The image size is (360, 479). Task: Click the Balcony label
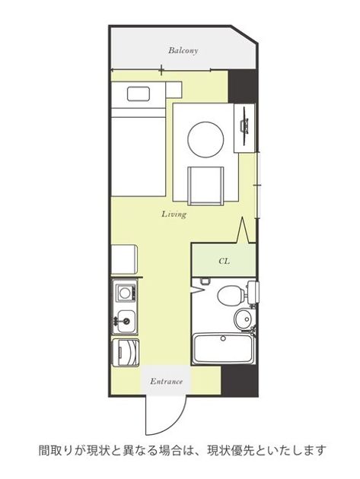point(183,50)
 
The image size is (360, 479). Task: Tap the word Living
point(174,214)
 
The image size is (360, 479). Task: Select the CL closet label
point(224,262)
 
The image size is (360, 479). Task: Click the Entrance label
point(166,381)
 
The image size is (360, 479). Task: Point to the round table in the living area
point(205,140)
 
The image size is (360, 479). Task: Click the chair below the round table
point(205,186)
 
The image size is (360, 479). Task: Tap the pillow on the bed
point(139,94)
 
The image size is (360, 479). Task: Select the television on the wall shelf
point(244,126)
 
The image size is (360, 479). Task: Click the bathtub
point(224,349)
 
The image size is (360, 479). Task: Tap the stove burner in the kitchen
point(125,293)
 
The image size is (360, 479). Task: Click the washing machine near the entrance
point(126,353)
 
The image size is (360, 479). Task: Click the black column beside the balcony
point(243,87)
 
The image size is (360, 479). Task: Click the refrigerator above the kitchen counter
point(124,260)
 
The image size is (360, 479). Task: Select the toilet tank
point(253,293)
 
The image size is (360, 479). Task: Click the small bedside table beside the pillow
point(174,90)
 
